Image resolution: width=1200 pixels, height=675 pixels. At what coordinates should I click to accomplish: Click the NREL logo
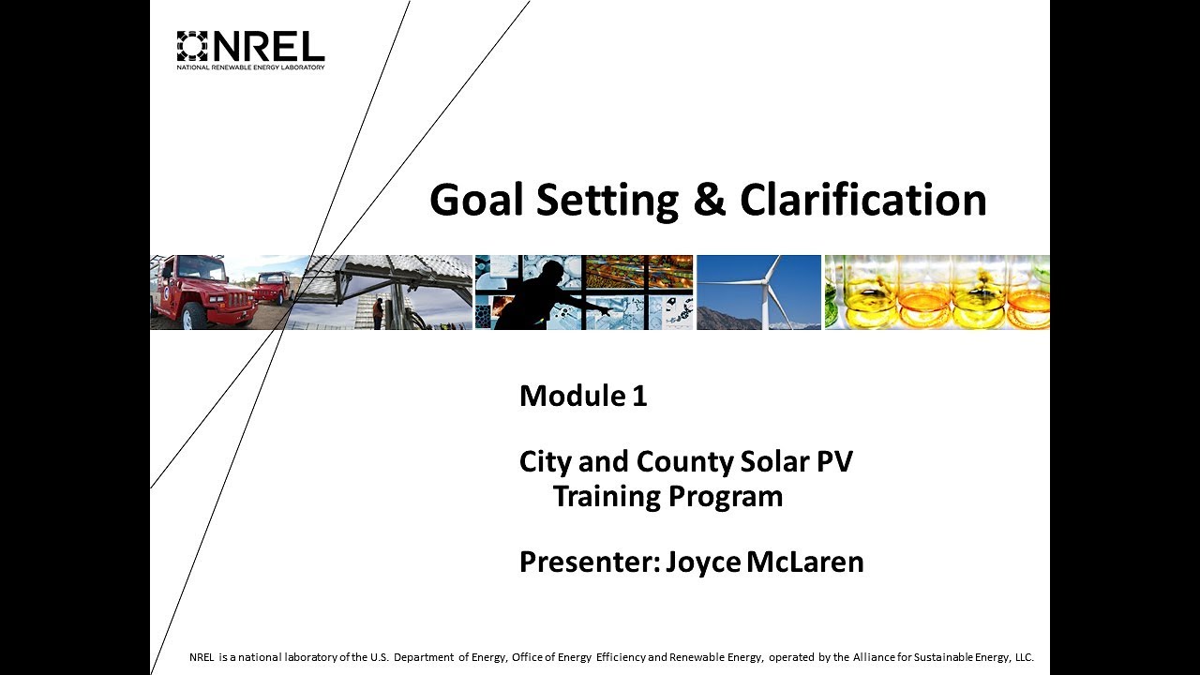click(250, 50)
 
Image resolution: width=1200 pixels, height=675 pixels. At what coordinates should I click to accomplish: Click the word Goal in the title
click(474, 201)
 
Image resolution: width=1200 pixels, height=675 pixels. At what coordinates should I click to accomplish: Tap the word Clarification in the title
click(862, 201)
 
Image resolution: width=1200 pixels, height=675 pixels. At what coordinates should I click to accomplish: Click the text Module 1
click(583, 397)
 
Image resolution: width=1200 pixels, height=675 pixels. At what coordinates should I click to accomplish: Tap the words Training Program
click(667, 496)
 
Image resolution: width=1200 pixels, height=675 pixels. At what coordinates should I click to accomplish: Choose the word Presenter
click(588, 562)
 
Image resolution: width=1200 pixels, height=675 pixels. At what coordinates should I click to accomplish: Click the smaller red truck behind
click(273, 286)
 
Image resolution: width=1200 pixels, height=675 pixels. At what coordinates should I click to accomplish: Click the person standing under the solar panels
click(377, 313)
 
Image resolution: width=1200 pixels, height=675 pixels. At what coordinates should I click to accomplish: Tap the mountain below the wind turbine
click(731, 319)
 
